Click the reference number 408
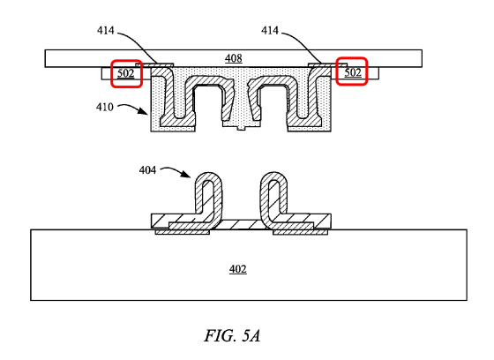point(234,58)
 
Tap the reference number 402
point(238,269)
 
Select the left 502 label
point(125,73)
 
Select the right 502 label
point(353,72)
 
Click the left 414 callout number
point(106,31)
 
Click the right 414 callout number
point(270,31)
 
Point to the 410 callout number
point(105,107)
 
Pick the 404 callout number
point(148,170)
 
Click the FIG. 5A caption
point(232,335)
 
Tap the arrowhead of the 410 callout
point(145,111)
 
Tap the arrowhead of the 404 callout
point(187,175)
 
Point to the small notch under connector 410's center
point(241,128)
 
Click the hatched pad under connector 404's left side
point(183,232)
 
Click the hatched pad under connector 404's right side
point(300,232)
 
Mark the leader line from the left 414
point(138,43)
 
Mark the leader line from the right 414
point(303,43)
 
